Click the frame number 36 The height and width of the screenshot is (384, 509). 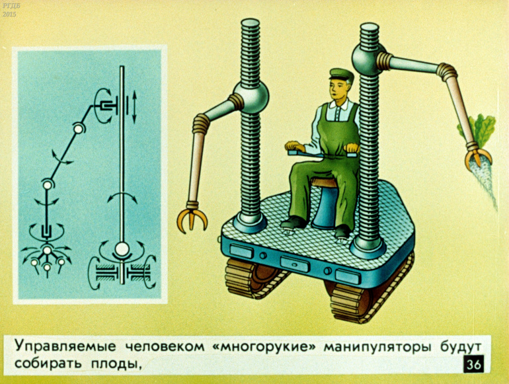pos(473,365)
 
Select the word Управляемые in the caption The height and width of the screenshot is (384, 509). pos(65,347)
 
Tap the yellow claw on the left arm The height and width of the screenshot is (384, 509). pos(192,217)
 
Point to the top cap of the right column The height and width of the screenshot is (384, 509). pos(370,28)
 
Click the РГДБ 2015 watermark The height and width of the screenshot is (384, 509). pos(9,11)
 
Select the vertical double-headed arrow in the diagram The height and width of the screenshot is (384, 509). pos(134,107)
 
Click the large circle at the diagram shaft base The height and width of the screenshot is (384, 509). pos(122,250)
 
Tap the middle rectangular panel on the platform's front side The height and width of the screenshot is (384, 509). pos(295,264)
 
